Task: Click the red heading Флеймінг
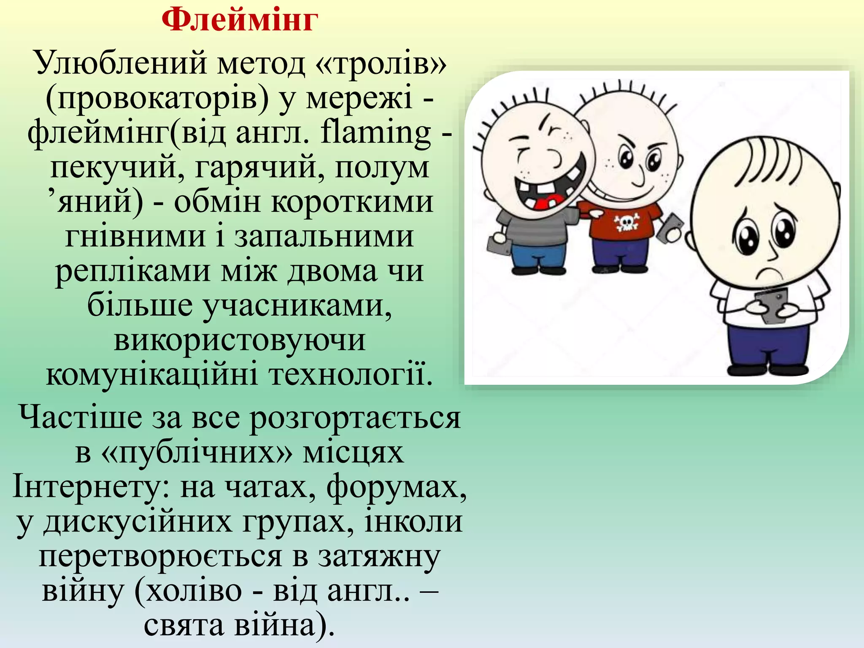click(x=240, y=20)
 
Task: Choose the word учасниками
click(x=297, y=305)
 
